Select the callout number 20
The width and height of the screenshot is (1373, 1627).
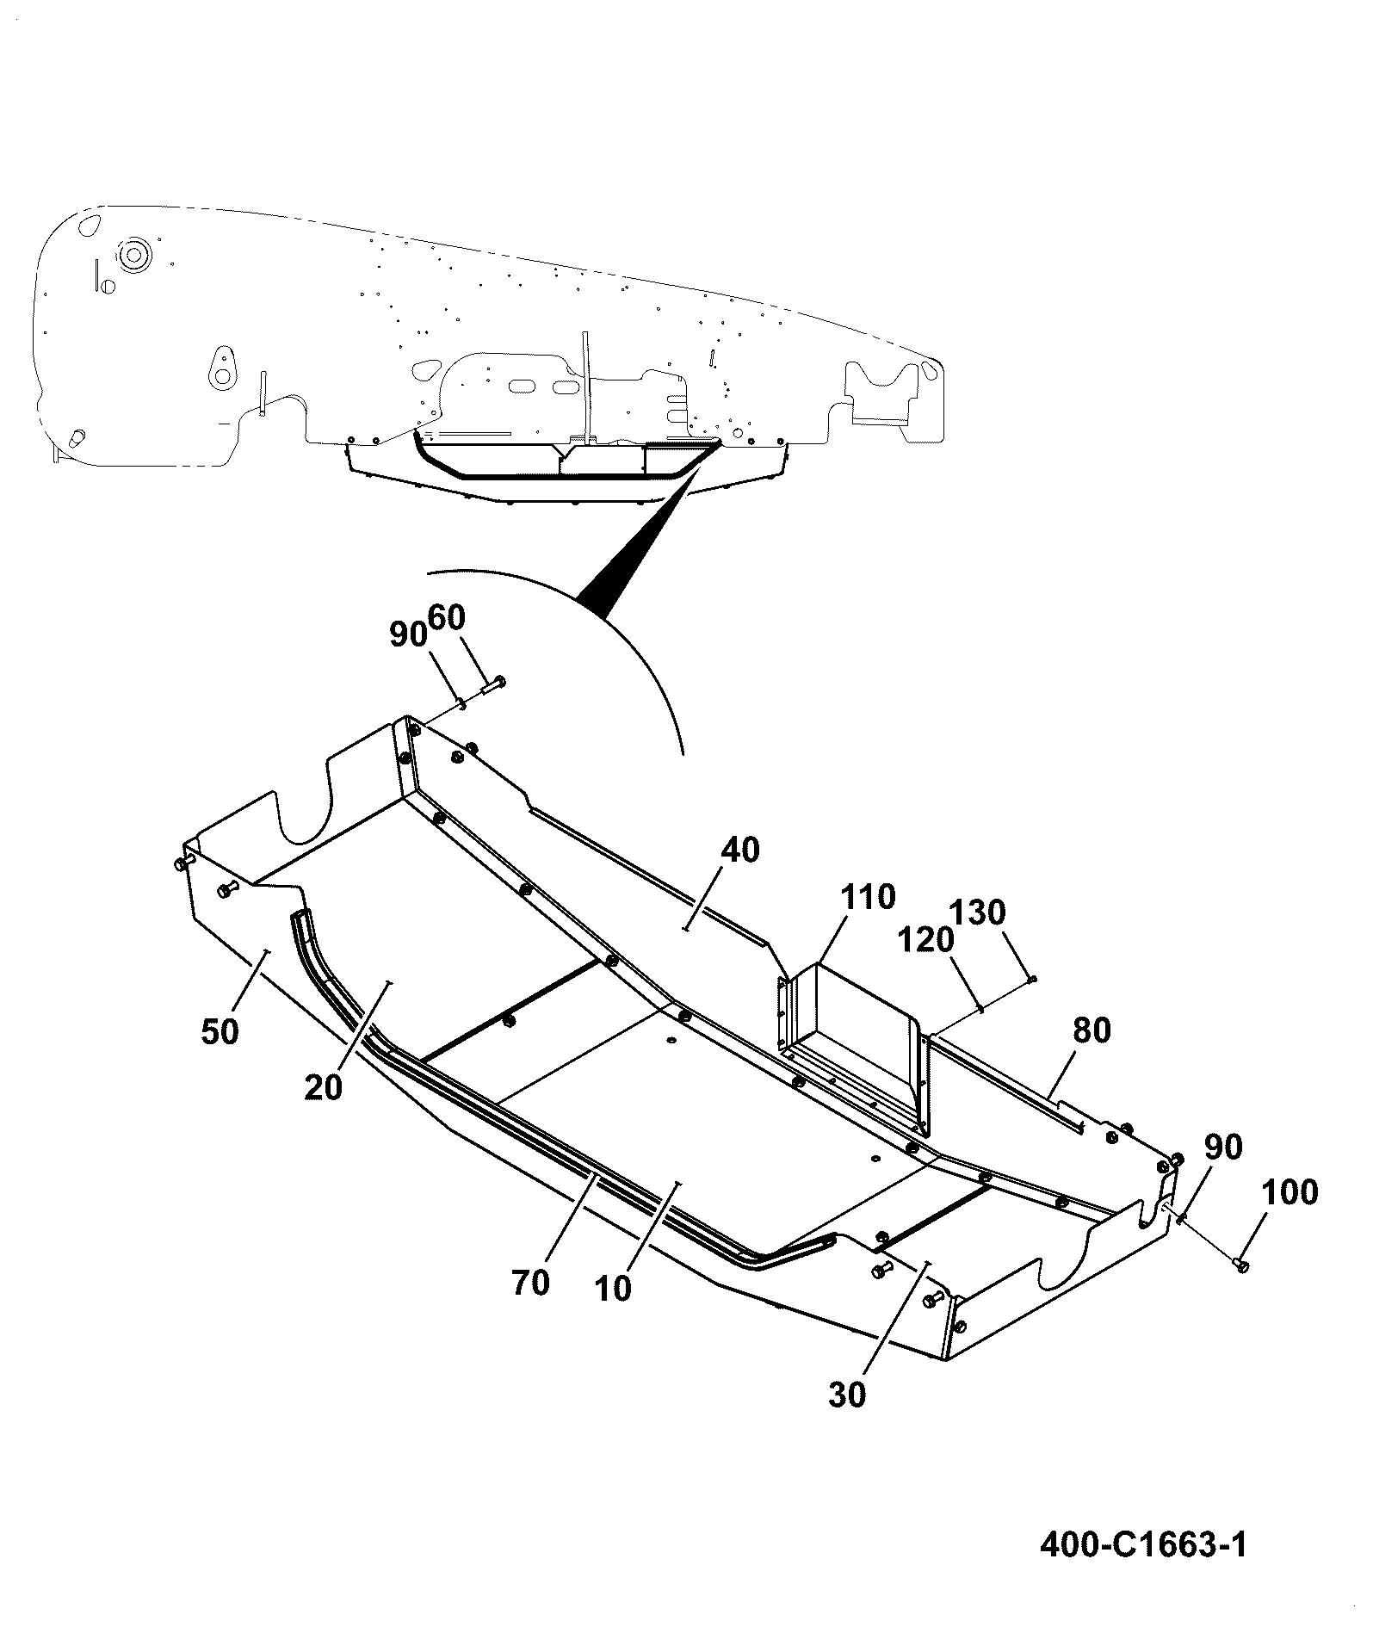coord(324,1087)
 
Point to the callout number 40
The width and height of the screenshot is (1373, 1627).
coord(740,851)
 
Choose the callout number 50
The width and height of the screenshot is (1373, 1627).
coord(220,1031)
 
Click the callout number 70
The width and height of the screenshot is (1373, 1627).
coord(530,1284)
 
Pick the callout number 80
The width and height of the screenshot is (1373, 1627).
coord(1092,1030)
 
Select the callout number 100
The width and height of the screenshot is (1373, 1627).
coord(1290,1193)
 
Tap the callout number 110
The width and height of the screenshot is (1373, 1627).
coord(868,897)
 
